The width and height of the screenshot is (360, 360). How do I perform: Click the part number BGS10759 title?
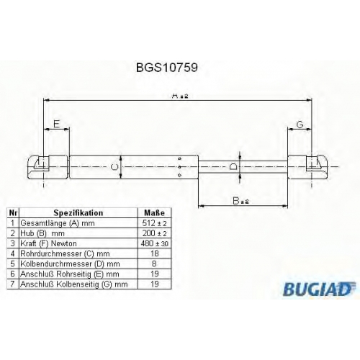click(x=167, y=68)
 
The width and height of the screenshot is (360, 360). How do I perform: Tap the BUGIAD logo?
click(x=319, y=289)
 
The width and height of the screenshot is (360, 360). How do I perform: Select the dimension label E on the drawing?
click(x=56, y=124)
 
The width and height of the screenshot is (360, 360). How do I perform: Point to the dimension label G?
click(x=300, y=125)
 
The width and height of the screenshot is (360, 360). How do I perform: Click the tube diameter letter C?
click(x=115, y=167)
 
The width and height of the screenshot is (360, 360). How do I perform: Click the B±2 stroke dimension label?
click(x=240, y=200)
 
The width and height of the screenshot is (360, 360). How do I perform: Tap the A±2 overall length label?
click(x=180, y=96)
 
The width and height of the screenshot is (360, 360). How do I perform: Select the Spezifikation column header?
click(x=78, y=213)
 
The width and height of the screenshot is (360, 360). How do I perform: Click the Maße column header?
click(x=155, y=213)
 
